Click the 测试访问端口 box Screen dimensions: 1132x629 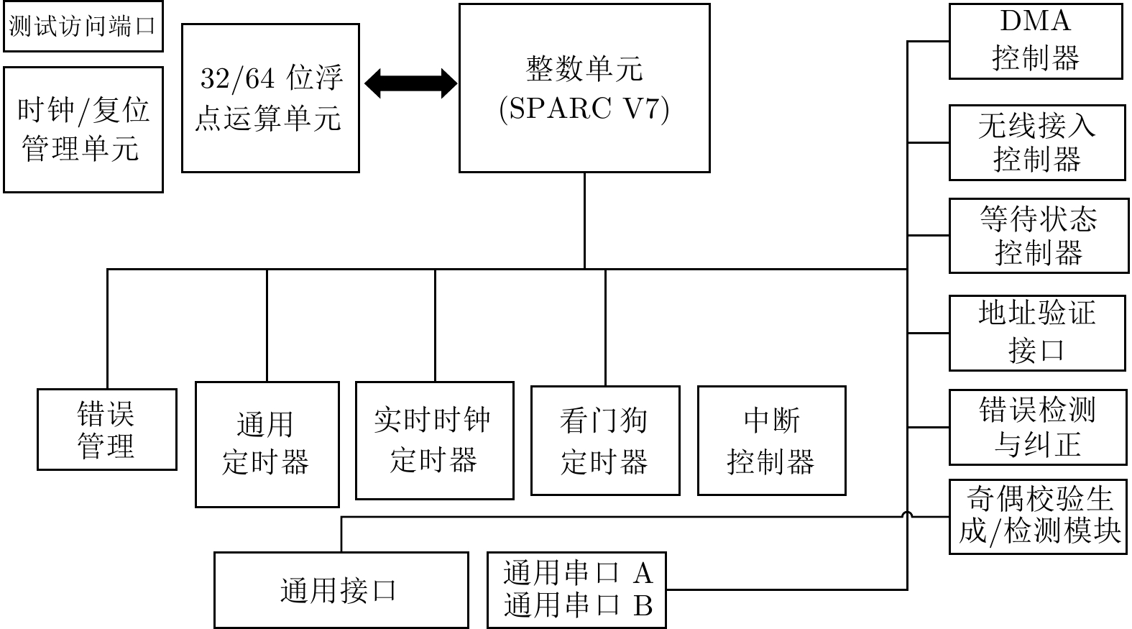[83, 27]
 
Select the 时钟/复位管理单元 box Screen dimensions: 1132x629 [83, 130]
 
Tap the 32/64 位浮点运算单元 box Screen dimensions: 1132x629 [270, 98]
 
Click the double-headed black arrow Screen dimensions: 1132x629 [411, 83]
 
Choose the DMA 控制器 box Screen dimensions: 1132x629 [1036, 42]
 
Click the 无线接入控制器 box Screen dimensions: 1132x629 [1038, 142]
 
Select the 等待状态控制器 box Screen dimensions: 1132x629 [1039, 236]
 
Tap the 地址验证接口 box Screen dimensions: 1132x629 [1038, 334]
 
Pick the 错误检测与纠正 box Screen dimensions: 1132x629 [1038, 427]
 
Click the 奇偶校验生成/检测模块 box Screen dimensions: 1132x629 [1039, 517]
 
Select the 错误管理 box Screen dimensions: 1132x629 [107, 429]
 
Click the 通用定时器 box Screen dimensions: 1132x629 [267, 444]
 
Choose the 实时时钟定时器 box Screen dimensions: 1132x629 [435, 441]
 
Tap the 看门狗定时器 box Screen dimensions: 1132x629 [605, 441]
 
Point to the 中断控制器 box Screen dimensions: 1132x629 [772, 441]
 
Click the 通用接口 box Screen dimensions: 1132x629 [341, 590]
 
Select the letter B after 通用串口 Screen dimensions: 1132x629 [643, 606]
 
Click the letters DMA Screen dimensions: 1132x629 [1036, 22]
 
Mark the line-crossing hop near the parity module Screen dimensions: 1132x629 [907, 515]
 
